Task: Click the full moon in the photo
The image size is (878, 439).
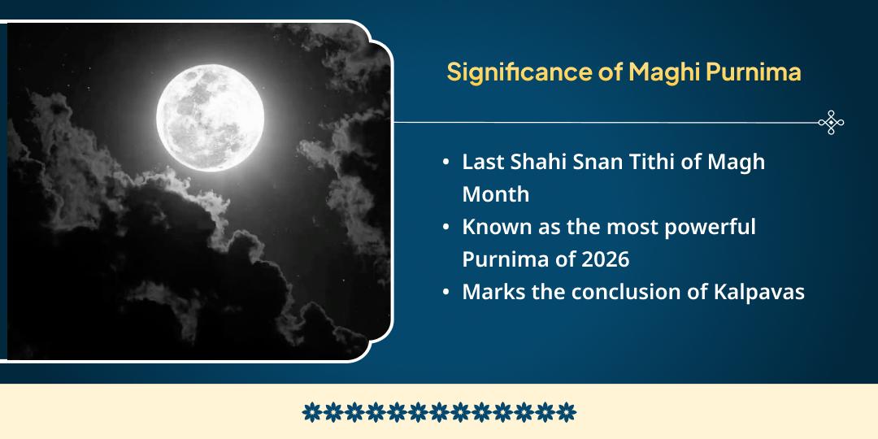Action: coord(210,118)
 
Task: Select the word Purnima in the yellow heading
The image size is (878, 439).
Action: coord(753,72)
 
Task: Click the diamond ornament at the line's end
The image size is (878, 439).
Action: coord(831,122)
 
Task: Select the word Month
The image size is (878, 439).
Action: coord(496,195)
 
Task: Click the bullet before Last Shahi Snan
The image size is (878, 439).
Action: coord(446,163)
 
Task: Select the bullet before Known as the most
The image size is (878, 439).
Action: coord(446,228)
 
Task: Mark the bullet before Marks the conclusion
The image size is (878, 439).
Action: coord(446,293)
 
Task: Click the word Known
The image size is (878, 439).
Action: coord(491,228)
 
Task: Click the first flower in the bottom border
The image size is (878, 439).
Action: coord(312,412)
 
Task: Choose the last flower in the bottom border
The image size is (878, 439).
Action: coord(566,412)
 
